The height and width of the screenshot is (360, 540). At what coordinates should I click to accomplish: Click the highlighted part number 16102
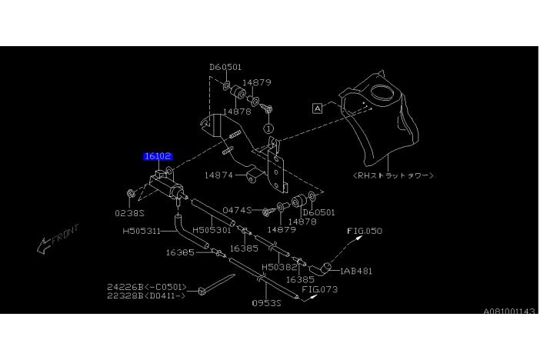click(x=158, y=156)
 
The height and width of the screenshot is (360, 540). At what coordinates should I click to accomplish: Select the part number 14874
click(x=219, y=175)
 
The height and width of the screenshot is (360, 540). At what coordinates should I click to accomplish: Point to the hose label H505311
click(x=142, y=230)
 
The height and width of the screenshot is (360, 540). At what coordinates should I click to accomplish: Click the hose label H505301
click(x=212, y=230)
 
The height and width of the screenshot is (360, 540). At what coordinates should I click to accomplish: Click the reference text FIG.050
click(x=365, y=231)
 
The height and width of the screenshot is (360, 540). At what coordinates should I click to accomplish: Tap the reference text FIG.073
click(x=319, y=290)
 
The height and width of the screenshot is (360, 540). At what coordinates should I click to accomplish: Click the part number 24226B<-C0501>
click(x=147, y=287)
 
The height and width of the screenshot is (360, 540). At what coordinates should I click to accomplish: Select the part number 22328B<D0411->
click(x=147, y=295)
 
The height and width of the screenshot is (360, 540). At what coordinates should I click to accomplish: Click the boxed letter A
click(x=318, y=108)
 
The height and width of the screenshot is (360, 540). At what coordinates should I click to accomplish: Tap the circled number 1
click(x=268, y=128)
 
